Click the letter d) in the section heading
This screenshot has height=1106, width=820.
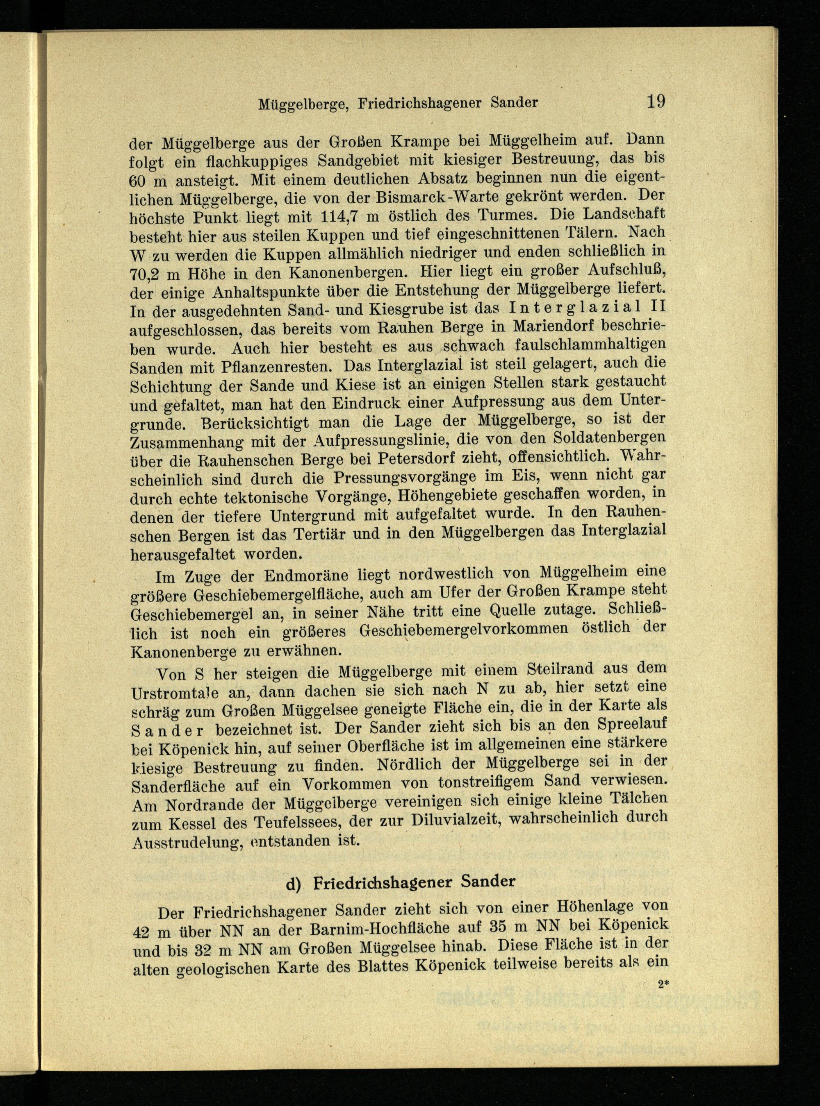296,882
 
